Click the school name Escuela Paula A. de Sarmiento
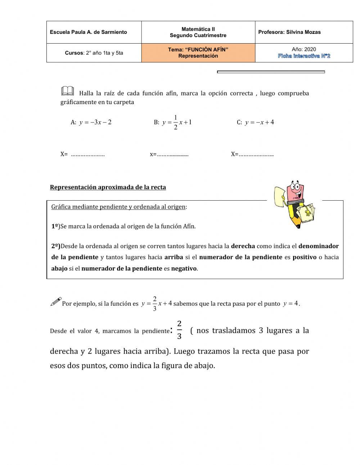point(88,32)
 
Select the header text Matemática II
point(198,29)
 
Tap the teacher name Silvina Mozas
point(303,32)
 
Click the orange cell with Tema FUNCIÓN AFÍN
point(198,53)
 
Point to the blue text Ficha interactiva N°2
point(304,56)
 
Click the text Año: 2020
point(304,49)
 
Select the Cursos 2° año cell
point(94,53)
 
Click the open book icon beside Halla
point(67,91)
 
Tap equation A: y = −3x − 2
point(91,122)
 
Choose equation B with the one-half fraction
point(173,122)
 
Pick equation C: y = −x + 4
point(255,122)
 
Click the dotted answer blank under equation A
point(87,155)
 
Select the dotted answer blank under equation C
point(256,155)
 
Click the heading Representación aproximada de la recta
point(108,187)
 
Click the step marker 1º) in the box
point(55,227)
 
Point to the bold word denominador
point(319,246)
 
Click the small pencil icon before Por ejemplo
point(55,302)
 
